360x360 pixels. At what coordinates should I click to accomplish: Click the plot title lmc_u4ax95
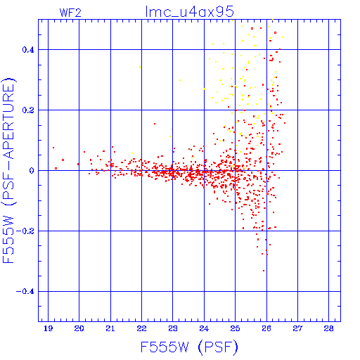(x=190, y=11)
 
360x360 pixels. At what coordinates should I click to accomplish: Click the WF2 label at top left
(x=70, y=13)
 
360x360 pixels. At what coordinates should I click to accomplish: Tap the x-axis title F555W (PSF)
(x=189, y=347)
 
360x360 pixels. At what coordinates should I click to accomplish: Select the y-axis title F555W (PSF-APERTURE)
(x=8, y=170)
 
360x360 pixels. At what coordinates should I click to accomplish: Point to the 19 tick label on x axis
(x=48, y=328)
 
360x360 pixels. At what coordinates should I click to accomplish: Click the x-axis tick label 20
(x=79, y=328)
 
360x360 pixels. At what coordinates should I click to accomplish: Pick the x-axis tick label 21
(x=110, y=328)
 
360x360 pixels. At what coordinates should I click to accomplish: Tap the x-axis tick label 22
(x=141, y=328)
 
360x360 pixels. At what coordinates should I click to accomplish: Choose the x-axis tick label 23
(x=173, y=328)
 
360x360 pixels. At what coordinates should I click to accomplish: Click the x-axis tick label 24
(x=204, y=328)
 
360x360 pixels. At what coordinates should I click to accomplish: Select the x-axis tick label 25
(x=235, y=328)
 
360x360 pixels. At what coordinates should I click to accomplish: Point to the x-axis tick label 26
(x=266, y=328)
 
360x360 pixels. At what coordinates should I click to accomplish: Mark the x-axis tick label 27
(x=297, y=328)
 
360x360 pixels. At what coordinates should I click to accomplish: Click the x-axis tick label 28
(x=329, y=328)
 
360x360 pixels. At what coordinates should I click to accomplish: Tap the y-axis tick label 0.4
(x=28, y=50)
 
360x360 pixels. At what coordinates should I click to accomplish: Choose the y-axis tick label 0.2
(x=28, y=110)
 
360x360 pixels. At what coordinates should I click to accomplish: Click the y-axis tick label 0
(x=32, y=171)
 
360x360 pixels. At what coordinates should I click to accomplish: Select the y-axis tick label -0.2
(x=25, y=231)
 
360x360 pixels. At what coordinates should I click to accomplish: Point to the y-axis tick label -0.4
(x=25, y=292)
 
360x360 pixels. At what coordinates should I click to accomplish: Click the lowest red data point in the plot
(x=264, y=271)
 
